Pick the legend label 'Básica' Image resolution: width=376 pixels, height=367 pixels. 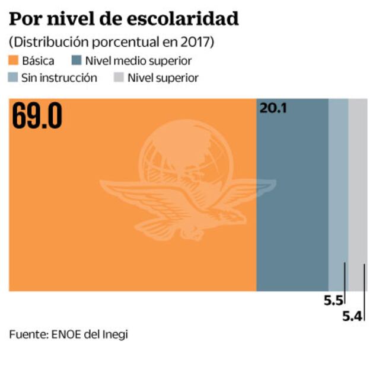39,60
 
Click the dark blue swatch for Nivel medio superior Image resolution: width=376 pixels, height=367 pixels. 76,60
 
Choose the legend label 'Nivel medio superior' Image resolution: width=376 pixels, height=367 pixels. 138,60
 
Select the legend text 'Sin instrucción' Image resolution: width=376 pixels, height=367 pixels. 59,78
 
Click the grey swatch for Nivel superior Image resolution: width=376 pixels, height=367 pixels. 118,78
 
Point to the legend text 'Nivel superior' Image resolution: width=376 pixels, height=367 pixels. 163,78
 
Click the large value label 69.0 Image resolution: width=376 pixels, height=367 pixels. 37,117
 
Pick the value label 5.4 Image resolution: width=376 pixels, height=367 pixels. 352,316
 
